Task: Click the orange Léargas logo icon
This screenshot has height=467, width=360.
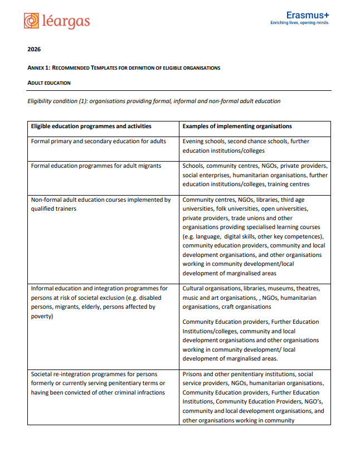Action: click(x=31, y=21)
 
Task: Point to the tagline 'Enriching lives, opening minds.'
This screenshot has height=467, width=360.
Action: click(x=299, y=23)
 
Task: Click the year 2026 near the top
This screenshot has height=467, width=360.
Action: click(x=34, y=49)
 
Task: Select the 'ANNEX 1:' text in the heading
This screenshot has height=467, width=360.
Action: click(x=39, y=68)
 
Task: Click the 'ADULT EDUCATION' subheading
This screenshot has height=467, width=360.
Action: click(x=49, y=83)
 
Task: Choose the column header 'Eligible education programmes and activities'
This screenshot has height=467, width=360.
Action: click(x=91, y=127)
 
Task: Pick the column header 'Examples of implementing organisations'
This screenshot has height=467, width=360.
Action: click(x=237, y=127)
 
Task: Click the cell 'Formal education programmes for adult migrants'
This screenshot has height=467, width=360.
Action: click(x=96, y=166)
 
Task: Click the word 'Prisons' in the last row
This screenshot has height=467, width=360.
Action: click(x=193, y=374)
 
